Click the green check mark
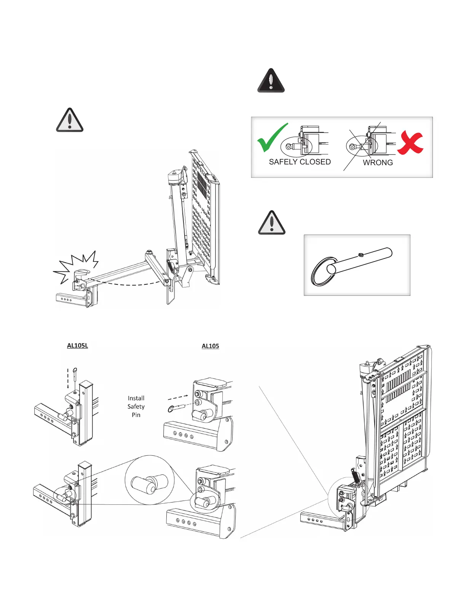point(271,137)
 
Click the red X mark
point(410,143)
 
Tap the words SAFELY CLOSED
point(300,162)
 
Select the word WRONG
point(378,163)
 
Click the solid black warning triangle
point(271,81)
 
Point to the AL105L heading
point(77,346)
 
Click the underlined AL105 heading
point(210,346)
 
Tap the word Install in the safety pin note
point(136,398)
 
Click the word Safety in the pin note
point(136,407)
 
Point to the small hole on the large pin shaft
point(361,254)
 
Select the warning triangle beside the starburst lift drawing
point(70,120)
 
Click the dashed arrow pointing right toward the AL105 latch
point(178,397)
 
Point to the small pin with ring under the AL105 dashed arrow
point(176,408)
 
